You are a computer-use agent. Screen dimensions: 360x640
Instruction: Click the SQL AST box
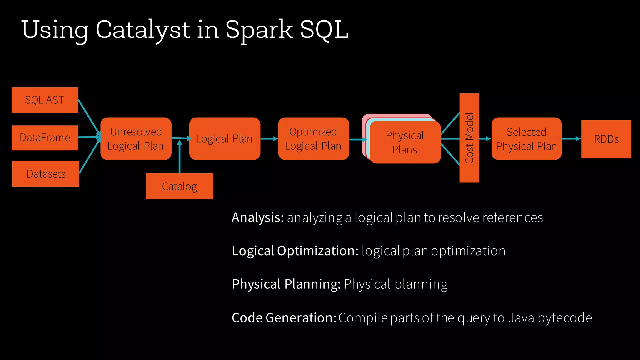[x=45, y=100]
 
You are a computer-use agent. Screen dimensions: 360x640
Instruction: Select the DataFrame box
[x=45, y=138]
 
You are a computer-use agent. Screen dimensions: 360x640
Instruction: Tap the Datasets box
[x=46, y=174]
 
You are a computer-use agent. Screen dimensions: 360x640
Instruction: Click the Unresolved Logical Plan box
[x=136, y=139]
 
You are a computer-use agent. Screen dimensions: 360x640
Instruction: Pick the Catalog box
[x=179, y=187]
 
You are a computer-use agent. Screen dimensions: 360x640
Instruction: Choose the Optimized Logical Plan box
[x=313, y=139]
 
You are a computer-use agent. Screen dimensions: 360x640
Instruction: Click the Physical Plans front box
[x=405, y=142]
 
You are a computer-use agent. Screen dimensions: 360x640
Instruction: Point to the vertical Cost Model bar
[x=469, y=138]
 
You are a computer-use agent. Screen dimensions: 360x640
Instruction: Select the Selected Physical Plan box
[x=526, y=139]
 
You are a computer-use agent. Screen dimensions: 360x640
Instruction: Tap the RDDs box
[x=606, y=139]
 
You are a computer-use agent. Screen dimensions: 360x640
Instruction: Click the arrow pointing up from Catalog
[x=180, y=156]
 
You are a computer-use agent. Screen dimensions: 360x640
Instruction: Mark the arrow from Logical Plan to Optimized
[x=269, y=139]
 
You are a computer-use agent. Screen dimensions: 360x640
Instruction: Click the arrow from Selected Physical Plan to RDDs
[x=571, y=139]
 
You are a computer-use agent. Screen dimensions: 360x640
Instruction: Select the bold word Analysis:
[x=257, y=218]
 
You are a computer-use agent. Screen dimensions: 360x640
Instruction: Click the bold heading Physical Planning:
[x=286, y=284]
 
